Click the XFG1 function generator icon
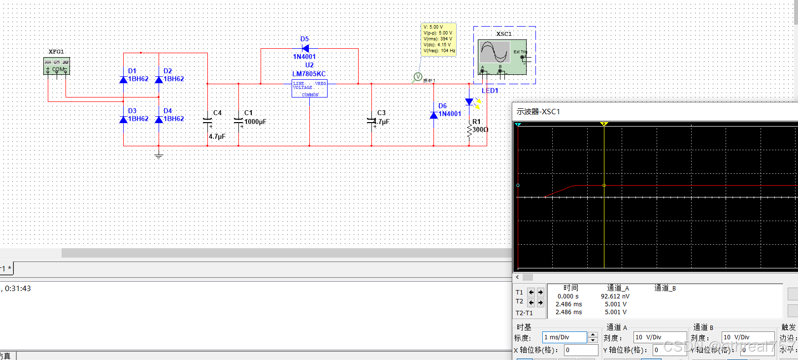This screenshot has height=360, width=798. pos(57,66)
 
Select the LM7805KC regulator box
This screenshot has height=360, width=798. pos(309,88)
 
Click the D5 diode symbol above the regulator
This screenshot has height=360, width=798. pos(305,48)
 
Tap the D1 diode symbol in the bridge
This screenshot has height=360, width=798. pos(124,79)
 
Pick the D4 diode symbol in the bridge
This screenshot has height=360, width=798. pos(159,119)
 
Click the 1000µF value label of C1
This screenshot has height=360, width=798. pos(255,122)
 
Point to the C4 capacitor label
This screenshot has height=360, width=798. pos(217,113)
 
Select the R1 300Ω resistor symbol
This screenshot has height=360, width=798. pos(469,131)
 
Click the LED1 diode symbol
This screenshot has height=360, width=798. pos(469,102)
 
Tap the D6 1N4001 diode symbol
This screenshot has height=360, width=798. pos(433,115)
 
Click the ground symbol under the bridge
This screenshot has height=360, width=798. pos(159,156)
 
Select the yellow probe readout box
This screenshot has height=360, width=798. pos(438,39)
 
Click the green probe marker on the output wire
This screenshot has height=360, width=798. pos(418,77)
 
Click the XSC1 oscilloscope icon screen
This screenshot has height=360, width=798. pos(495,51)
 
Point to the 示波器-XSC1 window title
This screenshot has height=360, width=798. pos(538,112)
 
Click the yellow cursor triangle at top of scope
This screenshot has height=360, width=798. pos(604,124)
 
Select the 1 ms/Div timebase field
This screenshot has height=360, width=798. pos(565,337)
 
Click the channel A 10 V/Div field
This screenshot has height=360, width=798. pos(659,337)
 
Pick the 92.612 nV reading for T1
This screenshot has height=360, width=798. pos(615,296)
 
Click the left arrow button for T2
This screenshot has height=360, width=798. pos(531,302)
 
